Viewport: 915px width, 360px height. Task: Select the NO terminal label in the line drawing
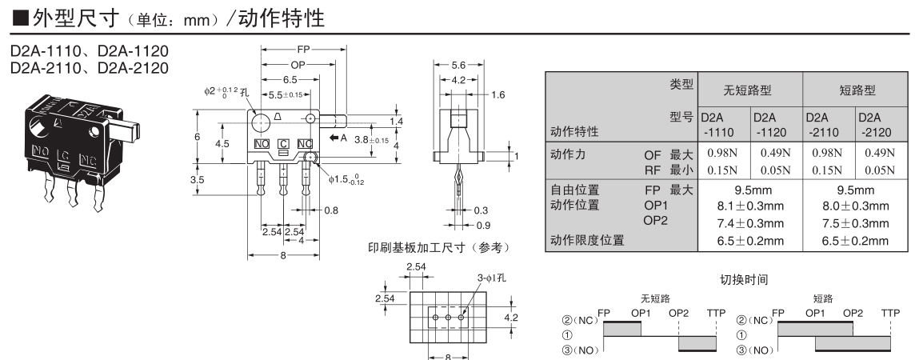pyautogui.click(x=261, y=143)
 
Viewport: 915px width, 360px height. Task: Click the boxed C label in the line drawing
pyautogui.click(x=283, y=143)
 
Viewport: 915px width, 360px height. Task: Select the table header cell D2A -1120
pyautogui.click(x=765, y=123)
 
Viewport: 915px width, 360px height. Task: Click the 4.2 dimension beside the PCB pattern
pyautogui.click(x=509, y=317)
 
